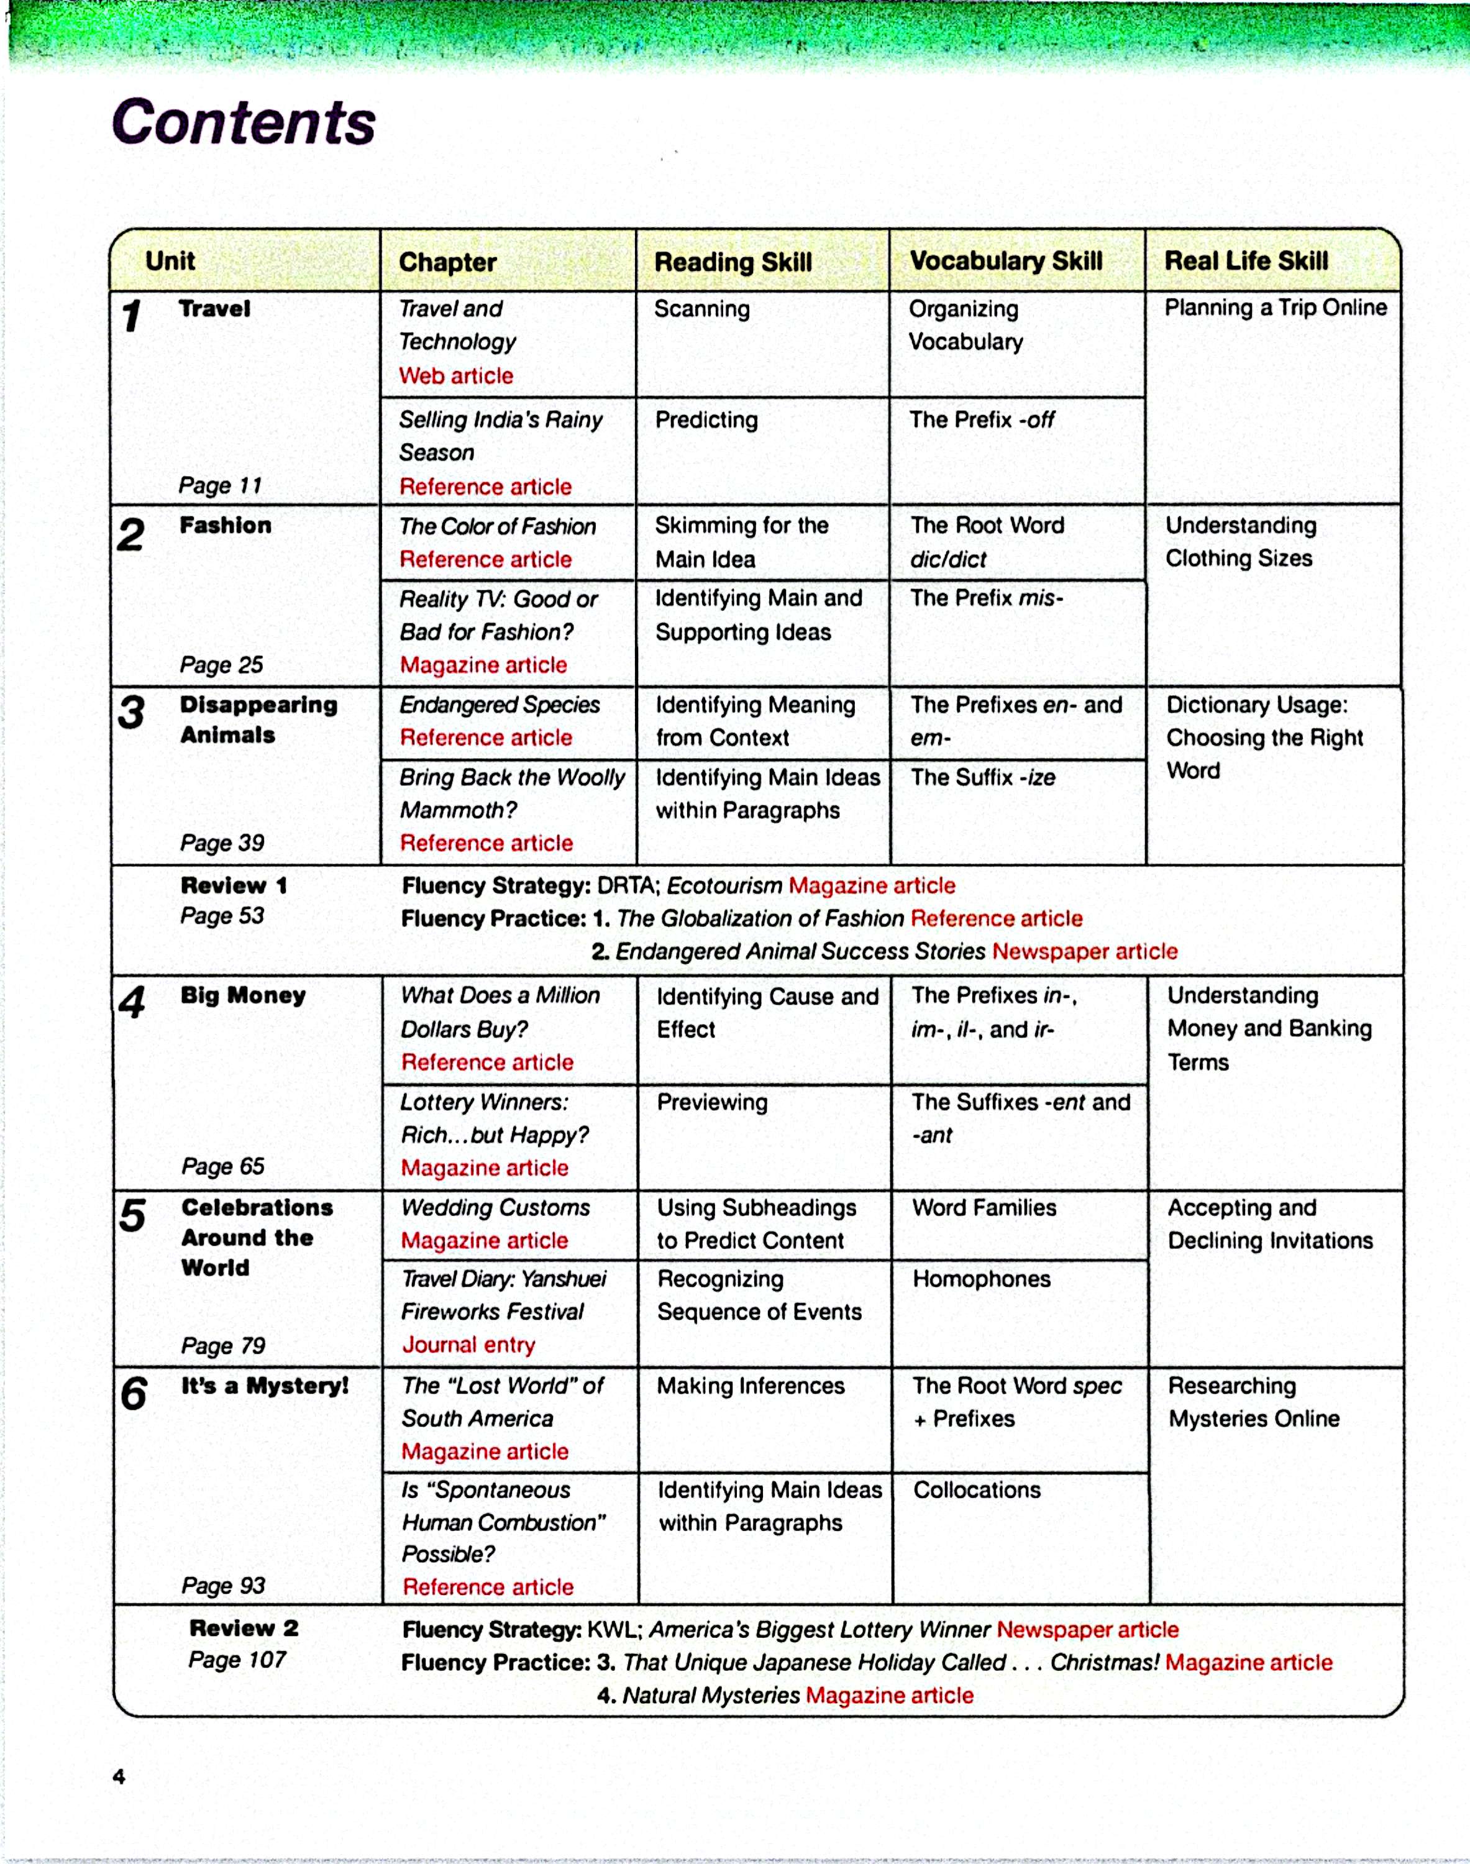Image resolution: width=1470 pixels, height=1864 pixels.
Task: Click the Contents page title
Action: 244,122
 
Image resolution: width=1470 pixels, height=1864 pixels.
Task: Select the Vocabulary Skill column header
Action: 1005,261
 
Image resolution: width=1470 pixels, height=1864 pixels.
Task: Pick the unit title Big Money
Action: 243,995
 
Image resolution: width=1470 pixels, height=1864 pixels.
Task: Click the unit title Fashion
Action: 225,525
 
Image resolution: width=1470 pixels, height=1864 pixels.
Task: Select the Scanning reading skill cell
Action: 701,309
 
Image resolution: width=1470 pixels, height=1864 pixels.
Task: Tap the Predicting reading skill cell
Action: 706,420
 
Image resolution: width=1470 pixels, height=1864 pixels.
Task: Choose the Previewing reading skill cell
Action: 712,1102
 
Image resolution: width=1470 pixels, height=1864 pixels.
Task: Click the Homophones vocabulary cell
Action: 981,1279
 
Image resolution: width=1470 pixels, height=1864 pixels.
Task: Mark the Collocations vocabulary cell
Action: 977,1490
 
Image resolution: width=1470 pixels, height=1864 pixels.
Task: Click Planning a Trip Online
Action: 1275,308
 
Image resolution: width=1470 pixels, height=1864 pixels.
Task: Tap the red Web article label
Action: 455,376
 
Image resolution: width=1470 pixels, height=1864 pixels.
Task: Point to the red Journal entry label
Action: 468,1345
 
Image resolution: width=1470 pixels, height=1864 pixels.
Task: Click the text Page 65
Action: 222,1166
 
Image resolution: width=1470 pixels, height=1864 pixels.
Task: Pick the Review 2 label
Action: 244,1628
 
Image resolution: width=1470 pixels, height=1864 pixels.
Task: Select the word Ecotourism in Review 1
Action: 724,885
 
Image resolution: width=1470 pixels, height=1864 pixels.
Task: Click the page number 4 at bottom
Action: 119,1776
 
